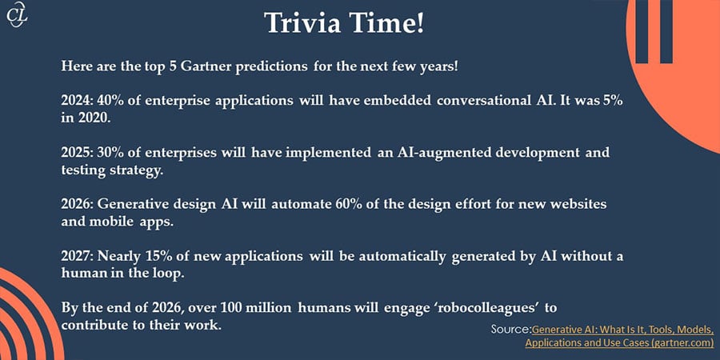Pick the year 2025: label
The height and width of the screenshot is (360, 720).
click(x=78, y=153)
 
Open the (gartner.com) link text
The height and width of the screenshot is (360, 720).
click(x=680, y=343)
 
